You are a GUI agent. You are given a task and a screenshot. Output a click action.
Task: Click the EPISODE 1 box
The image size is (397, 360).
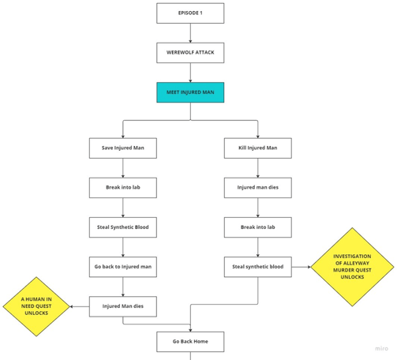[x=190, y=13]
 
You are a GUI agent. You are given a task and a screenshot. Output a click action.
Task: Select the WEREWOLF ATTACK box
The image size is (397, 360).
[x=190, y=53]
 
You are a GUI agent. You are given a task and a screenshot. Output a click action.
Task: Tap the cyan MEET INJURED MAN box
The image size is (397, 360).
[x=190, y=92]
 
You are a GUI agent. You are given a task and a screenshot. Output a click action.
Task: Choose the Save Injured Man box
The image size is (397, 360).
[x=123, y=148]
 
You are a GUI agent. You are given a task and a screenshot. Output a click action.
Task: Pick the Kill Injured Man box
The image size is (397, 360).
[x=258, y=148]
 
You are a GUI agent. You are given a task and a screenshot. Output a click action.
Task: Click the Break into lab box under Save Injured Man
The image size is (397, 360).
[x=123, y=188]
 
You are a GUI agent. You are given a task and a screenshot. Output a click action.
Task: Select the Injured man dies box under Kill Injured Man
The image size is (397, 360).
[x=258, y=188]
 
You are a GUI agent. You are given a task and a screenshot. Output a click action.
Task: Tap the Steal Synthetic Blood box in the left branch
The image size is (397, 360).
[x=123, y=227]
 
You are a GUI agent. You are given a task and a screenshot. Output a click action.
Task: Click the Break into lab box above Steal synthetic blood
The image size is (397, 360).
[x=258, y=227]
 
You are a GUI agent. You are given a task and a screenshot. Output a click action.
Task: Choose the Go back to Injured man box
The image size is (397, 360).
[x=123, y=267]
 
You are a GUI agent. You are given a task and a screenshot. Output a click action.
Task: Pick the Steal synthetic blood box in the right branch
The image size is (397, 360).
[x=258, y=267]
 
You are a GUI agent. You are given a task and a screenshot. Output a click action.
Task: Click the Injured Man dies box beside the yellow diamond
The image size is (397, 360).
[x=123, y=306]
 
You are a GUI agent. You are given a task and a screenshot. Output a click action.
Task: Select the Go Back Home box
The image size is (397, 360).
[x=190, y=342]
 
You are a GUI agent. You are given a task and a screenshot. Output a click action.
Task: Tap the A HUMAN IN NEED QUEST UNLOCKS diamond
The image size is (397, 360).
[x=36, y=306]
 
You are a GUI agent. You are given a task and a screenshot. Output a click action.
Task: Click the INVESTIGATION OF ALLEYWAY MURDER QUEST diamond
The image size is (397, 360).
[x=352, y=267]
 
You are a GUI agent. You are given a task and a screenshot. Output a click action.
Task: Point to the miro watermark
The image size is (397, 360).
[x=381, y=348]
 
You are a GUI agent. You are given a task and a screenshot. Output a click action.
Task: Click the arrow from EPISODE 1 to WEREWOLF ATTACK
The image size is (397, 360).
[x=190, y=33]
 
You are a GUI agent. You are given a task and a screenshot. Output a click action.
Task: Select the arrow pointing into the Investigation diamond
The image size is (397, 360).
[x=301, y=267]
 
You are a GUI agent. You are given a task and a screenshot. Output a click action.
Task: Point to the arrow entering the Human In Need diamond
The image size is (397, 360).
[x=80, y=306]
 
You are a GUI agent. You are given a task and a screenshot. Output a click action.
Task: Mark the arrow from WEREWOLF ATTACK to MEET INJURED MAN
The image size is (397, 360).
[x=190, y=73]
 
